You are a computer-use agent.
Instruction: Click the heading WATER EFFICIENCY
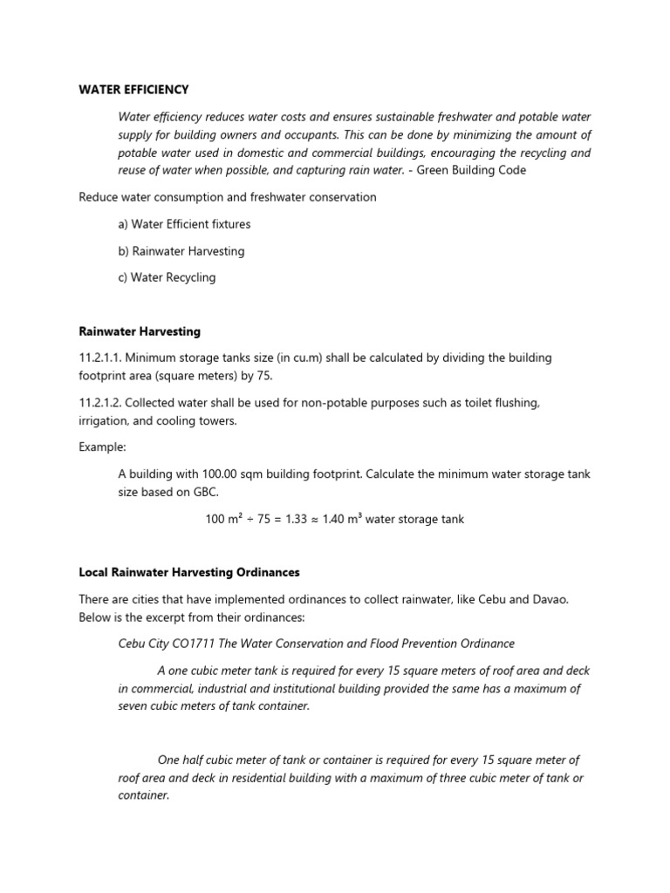[x=133, y=90]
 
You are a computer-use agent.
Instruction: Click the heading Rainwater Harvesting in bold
[x=140, y=331]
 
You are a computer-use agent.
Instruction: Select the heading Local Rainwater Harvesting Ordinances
[x=189, y=572]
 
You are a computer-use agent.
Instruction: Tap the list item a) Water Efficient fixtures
[x=184, y=224]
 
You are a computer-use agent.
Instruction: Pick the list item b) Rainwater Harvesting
[x=181, y=251]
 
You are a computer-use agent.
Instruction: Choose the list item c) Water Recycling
[x=167, y=277]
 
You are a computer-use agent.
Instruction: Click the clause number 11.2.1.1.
[x=100, y=358]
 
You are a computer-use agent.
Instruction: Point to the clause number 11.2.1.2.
[x=101, y=404]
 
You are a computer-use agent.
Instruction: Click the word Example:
[x=103, y=446]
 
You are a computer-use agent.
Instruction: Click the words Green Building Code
[x=471, y=170]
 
